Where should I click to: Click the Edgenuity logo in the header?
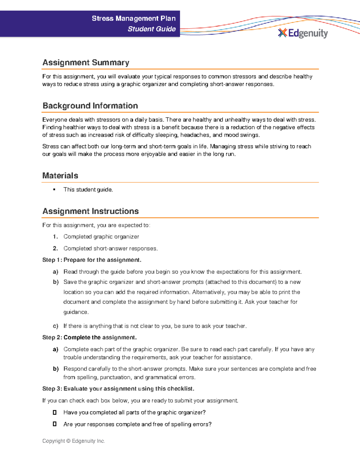tap(303, 33)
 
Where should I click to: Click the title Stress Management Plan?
tap(133, 19)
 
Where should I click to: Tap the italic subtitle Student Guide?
tap(151, 29)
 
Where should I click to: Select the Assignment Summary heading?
tap(86, 62)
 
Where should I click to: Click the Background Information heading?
tap(90, 106)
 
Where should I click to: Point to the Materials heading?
tap(60, 176)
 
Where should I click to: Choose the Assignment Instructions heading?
tap(90, 211)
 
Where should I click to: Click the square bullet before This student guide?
tap(54, 190)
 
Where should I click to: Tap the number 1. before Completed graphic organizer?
tap(55, 237)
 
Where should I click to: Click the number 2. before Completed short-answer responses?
tap(55, 248)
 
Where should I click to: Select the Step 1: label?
tap(52, 260)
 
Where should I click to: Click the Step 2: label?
tap(52, 338)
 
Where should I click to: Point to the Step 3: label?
tap(52, 389)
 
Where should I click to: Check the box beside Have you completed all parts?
tap(55, 413)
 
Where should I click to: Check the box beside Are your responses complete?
tap(55, 424)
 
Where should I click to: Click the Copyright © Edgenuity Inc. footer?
tap(73, 441)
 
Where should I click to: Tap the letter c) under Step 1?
tap(55, 326)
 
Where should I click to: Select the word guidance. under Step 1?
tap(76, 312)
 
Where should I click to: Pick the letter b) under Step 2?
tap(55, 369)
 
